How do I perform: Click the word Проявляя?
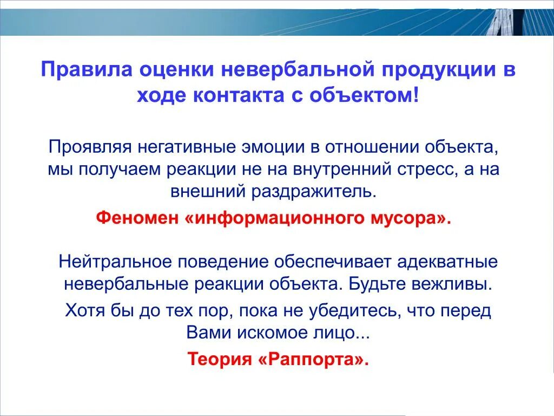tap(90, 146)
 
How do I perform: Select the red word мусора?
tap(408, 218)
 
